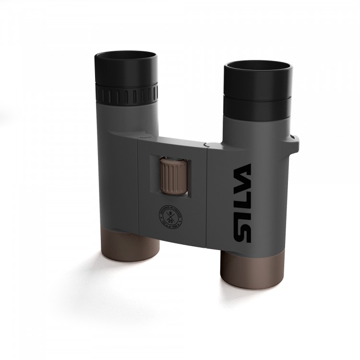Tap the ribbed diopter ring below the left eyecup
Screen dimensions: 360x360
(x=127, y=93)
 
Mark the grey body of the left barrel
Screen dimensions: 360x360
(x=118, y=182)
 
